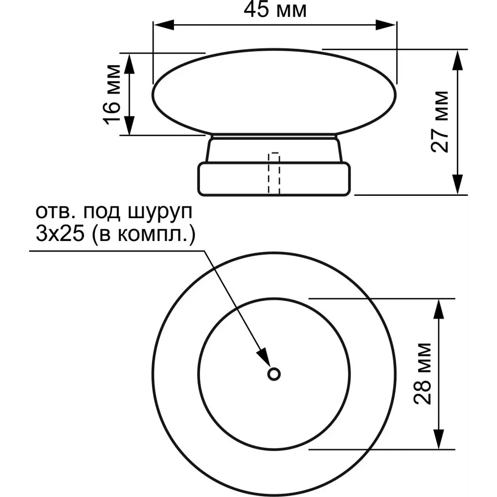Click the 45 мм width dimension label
(275, 10)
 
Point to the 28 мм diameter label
(423, 373)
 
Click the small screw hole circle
(273, 374)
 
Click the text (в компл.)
(142, 234)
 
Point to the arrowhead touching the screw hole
(263, 356)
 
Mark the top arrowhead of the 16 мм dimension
(129, 63)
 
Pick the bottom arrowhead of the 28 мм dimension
(438, 440)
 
